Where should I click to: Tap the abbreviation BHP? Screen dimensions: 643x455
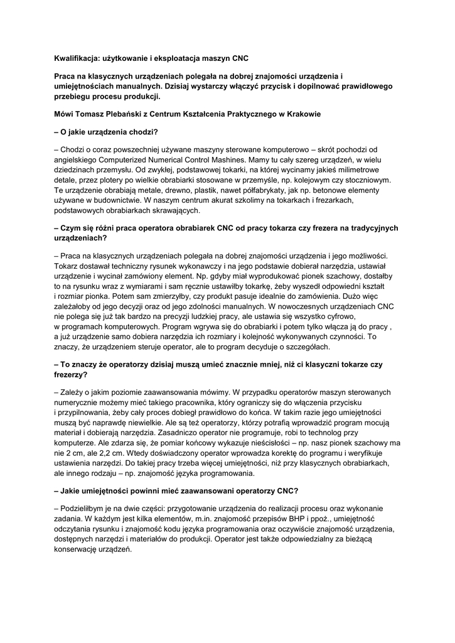click(x=297, y=519)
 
